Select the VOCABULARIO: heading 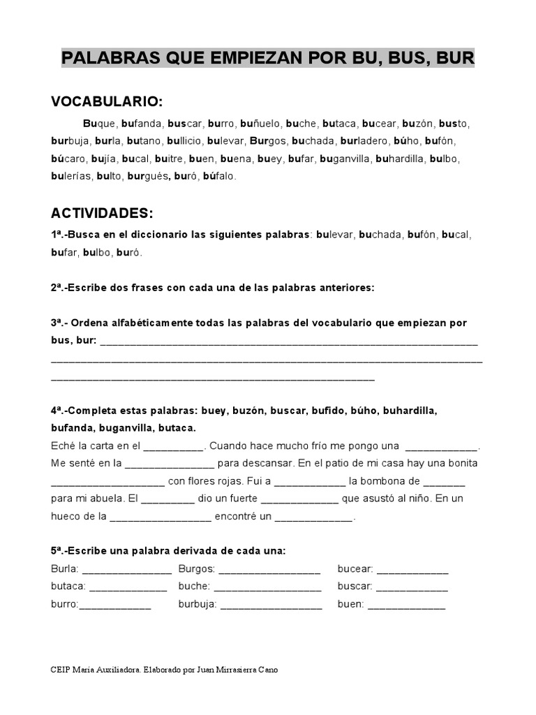pyautogui.click(x=107, y=102)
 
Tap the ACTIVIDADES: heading pyautogui.click(x=102, y=212)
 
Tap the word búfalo pyautogui.click(x=219, y=177)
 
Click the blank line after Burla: pyautogui.click(x=126, y=570)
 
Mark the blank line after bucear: pyautogui.click(x=412, y=570)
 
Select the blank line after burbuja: pyautogui.click(x=271, y=605)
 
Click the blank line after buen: pyautogui.click(x=406, y=605)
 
